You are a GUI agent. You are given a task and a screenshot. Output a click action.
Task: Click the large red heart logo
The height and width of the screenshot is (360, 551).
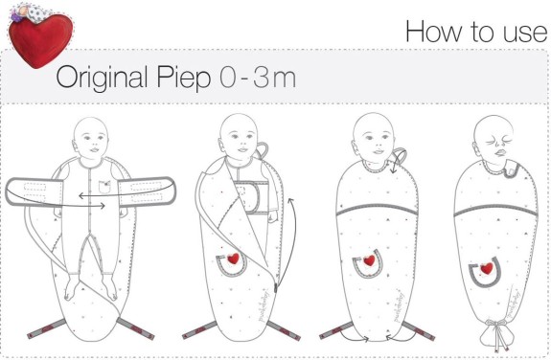click(40, 40)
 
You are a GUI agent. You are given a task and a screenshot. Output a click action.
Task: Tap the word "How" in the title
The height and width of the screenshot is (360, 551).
click(434, 32)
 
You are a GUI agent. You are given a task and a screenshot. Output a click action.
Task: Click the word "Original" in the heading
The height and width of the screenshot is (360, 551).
click(102, 78)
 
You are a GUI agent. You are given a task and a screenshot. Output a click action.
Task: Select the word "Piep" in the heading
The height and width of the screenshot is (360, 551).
click(183, 78)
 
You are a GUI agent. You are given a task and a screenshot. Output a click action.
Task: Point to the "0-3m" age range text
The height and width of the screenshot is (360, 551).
click(258, 78)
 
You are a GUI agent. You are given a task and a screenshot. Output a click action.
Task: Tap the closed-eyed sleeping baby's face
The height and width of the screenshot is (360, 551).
click(494, 139)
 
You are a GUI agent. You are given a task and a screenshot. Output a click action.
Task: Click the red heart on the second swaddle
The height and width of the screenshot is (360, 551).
click(233, 259)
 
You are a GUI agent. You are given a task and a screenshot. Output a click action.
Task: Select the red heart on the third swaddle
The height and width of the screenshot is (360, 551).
click(369, 260)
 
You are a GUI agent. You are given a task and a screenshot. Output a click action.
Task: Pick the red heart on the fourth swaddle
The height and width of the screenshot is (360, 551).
click(487, 269)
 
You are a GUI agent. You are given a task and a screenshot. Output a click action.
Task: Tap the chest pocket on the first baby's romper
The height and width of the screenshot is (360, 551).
click(104, 187)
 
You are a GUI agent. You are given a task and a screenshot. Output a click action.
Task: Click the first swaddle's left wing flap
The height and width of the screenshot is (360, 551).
click(34, 191)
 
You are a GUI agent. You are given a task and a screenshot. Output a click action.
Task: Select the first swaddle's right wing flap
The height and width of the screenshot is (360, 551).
click(147, 191)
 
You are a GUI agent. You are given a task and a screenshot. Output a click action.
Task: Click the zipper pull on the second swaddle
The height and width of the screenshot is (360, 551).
click(276, 288)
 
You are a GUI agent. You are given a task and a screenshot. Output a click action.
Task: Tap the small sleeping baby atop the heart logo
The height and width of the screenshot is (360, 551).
click(28, 12)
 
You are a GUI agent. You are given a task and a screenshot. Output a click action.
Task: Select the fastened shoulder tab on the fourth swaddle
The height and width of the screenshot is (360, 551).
click(511, 170)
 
